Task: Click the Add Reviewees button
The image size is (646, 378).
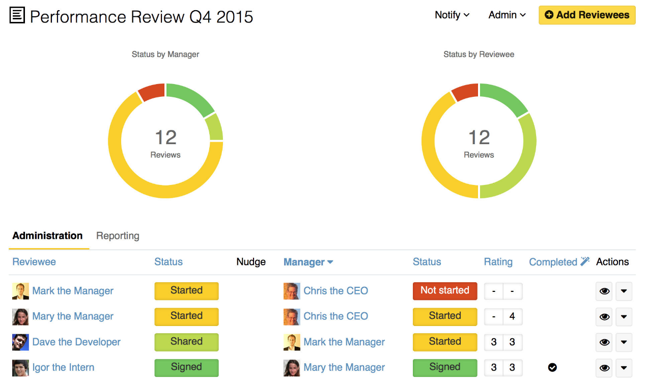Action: (x=587, y=15)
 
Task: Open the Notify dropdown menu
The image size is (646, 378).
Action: (x=452, y=15)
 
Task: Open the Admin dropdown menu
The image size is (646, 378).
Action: (x=507, y=15)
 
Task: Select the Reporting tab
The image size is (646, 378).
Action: (x=118, y=236)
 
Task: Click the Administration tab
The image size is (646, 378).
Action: (x=47, y=236)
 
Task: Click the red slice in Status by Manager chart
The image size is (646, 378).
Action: (x=152, y=92)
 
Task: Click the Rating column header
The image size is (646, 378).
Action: (x=498, y=262)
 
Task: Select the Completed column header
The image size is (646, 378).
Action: (x=553, y=262)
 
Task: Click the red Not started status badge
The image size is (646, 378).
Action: (x=444, y=291)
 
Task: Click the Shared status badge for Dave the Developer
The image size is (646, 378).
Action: (x=186, y=342)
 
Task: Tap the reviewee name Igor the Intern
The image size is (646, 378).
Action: (x=63, y=368)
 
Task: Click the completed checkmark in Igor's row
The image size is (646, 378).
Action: (x=552, y=367)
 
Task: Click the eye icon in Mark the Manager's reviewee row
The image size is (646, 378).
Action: (x=604, y=291)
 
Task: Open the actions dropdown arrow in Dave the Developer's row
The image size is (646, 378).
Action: (x=624, y=342)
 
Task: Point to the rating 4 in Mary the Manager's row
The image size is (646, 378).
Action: (x=512, y=316)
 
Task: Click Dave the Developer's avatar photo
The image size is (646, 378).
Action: (x=20, y=342)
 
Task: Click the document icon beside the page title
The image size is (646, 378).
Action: (x=17, y=16)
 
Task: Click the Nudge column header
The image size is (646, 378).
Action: (x=251, y=262)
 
